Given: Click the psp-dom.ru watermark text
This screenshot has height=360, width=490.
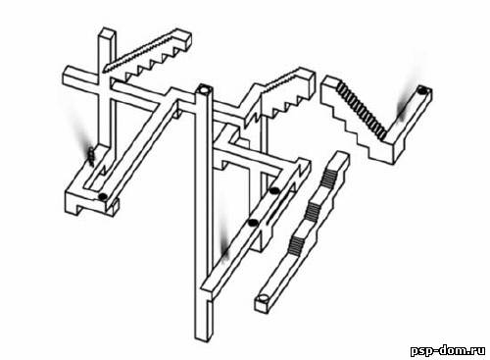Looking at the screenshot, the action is pyautogui.click(x=448, y=350).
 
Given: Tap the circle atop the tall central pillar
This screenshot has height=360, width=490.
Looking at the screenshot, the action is pyautogui.click(x=205, y=88).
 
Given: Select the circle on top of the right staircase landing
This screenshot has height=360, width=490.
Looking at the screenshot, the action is pyautogui.click(x=423, y=90).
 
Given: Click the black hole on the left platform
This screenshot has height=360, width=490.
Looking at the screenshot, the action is pyautogui.click(x=103, y=196).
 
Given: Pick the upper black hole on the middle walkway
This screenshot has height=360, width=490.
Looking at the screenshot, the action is pyautogui.click(x=273, y=190).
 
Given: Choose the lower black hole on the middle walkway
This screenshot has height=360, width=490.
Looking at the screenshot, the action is pyautogui.click(x=252, y=223).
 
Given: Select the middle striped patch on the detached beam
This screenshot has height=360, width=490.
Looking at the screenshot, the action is pyautogui.click(x=312, y=211).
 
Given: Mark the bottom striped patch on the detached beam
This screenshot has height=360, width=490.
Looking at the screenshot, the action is pyautogui.click(x=296, y=244).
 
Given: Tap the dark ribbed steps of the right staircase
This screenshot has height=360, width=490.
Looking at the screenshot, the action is pyautogui.click(x=362, y=109).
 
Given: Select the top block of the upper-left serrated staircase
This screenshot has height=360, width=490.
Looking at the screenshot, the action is pyautogui.click(x=182, y=38).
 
